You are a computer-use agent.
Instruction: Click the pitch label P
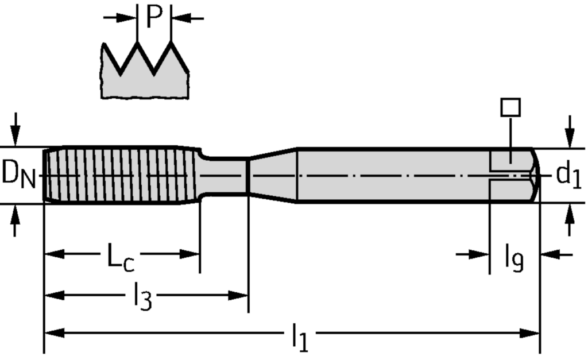pos(154,17)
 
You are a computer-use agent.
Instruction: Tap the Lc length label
pos(121,256)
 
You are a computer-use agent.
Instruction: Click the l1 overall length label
pos(299,338)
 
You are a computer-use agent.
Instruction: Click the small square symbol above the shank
pos(510,107)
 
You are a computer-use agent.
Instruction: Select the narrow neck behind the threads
pos(224,175)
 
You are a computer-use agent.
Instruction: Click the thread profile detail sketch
pos(145,72)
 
